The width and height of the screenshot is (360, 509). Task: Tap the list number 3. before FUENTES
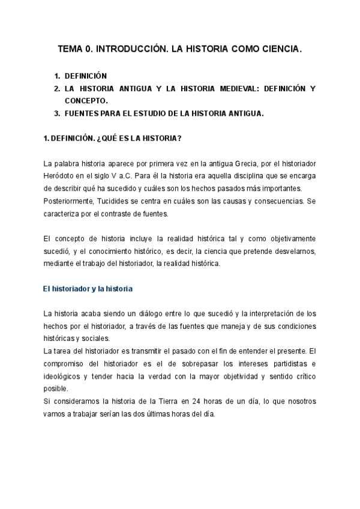click(x=57, y=113)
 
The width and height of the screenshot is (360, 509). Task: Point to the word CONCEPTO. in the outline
click(x=86, y=101)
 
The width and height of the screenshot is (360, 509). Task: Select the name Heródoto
click(x=62, y=176)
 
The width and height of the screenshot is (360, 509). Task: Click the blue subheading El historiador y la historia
click(x=88, y=289)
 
